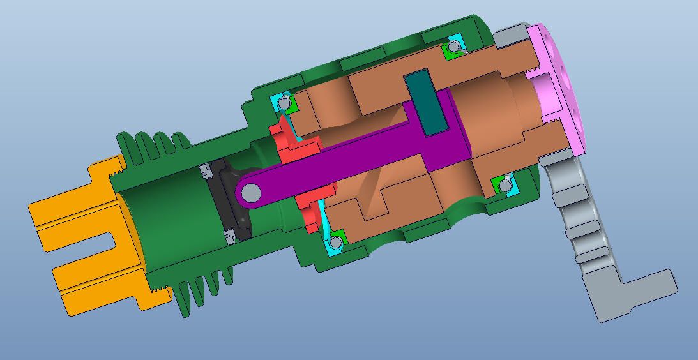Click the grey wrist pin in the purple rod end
(251, 192)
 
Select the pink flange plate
(562, 89)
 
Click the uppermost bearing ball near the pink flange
(454, 47)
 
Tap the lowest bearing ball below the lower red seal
(335, 243)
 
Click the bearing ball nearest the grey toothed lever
(506, 185)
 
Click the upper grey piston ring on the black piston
(205, 171)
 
